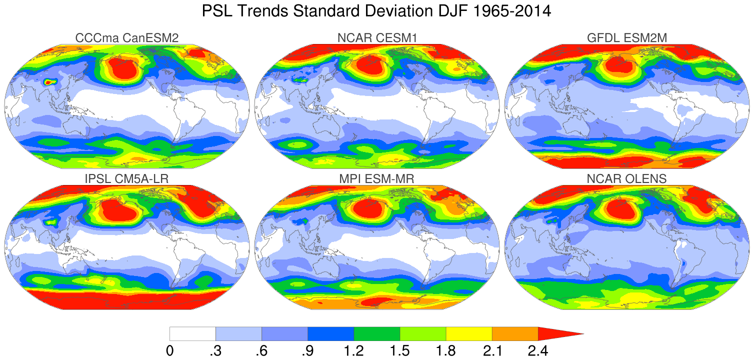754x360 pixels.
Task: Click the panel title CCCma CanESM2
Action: (126, 37)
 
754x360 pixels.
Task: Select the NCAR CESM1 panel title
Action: (376, 37)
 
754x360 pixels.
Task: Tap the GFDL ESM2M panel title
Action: (627, 37)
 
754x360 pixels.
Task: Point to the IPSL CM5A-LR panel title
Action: (126, 178)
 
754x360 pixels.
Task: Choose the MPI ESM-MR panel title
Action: (376, 178)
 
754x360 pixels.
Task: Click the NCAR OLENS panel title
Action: (627, 178)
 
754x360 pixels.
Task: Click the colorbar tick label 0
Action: (170, 350)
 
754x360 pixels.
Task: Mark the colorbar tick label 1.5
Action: (399, 350)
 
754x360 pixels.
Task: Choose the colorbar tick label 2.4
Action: (537, 350)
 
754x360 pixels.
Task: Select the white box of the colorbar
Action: (192, 334)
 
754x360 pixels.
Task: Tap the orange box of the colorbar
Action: (514, 334)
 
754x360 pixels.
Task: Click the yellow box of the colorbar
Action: (468, 334)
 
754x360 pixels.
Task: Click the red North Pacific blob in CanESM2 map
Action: (121, 68)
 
